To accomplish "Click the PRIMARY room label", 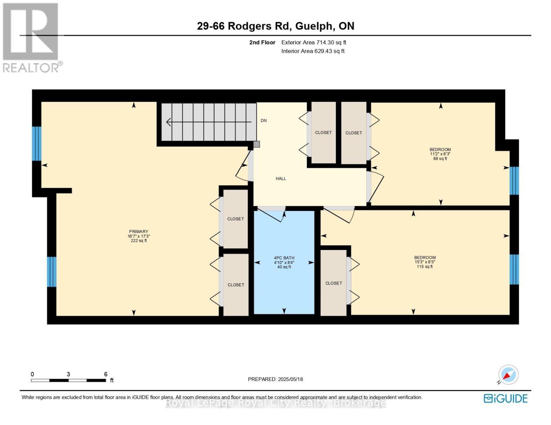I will coord(138,232).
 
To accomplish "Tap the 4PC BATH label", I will coord(284,258).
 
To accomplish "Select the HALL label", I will coord(281,178).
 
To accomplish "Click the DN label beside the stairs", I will coord(264,121).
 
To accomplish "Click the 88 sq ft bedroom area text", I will coord(440,159).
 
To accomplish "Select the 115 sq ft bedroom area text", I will coord(424,267).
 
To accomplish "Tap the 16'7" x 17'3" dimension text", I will coord(138,236).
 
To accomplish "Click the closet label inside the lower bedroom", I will coord(334,283).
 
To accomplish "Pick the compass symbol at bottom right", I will coord(508,375).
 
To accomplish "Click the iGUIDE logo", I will coord(506,398).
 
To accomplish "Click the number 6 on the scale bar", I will coord(106,374).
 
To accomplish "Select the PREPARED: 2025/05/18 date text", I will coord(275,379).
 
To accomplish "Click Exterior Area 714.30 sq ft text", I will coord(314,42).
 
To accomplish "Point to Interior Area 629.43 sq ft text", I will coord(313,51).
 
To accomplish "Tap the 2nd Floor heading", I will coord(262,42).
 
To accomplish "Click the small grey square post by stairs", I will coord(257,144).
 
